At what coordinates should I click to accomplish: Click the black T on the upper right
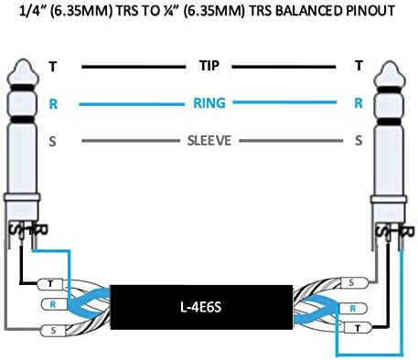click(358, 66)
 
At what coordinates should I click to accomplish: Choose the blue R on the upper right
click(358, 103)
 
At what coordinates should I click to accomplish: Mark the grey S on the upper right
click(358, 141)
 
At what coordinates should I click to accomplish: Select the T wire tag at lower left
click(52, 284)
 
